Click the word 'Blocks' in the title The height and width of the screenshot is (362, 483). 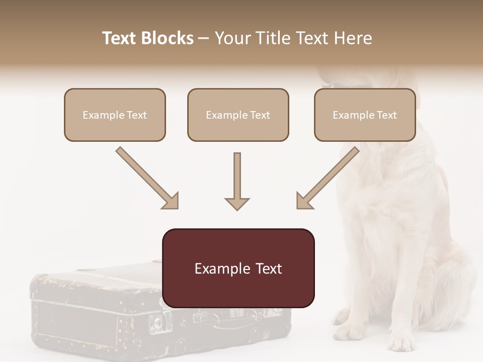click(168, 38)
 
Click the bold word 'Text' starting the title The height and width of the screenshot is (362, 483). click(120, 38)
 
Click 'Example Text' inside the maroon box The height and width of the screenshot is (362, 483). click(238, 268)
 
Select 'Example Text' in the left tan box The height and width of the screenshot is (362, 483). click(115, 115)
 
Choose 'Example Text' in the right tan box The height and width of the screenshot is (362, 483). click(365, 115)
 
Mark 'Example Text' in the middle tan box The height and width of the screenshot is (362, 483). click(238, 115)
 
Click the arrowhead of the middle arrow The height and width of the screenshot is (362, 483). click(237, 203)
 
